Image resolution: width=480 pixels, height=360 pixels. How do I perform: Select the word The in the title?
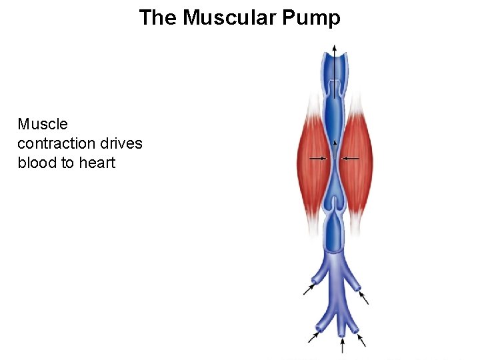coord(157,17)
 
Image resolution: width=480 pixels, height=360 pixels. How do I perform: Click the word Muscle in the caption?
coord(43,124)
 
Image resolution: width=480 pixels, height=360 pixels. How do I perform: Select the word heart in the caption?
coord(97,163)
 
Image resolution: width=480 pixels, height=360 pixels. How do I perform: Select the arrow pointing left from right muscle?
coord(351,158)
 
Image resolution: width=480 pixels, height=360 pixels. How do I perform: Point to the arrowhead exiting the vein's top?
coord(335,47)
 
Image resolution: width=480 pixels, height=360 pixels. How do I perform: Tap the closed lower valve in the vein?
coord(335,211)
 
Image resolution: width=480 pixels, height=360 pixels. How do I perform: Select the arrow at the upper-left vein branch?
coord(310,289)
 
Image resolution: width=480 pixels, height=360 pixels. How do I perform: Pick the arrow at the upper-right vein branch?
coord(363,297)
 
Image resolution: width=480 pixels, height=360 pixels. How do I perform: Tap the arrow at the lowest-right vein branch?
coord(362,339)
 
